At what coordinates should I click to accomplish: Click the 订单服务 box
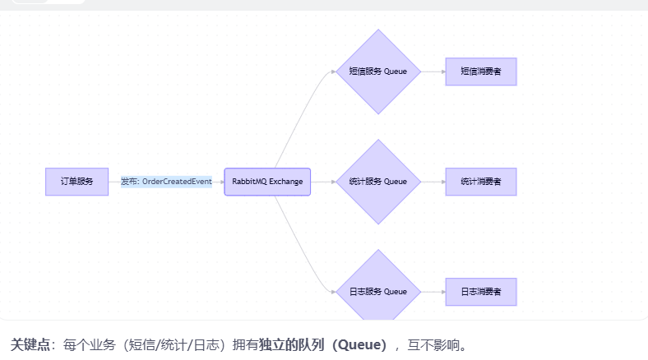point(76,181)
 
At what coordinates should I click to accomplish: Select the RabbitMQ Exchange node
point(267,181)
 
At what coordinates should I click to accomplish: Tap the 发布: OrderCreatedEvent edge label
point(166,181)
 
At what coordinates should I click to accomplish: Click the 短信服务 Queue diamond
point(378,72)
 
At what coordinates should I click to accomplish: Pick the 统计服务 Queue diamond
point(378,181)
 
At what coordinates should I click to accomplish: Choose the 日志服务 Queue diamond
point(378,291)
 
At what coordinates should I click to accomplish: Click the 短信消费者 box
point(481,72)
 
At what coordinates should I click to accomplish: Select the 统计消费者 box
point(481,181)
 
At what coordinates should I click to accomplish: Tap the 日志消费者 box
point(481,291)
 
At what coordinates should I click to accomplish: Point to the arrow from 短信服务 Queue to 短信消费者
point(433,72)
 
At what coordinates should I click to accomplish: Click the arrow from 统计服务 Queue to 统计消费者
point(433,181)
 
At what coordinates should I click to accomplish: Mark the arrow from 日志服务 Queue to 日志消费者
point(433,291)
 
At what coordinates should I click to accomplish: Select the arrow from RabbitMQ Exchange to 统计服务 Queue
point(323,181)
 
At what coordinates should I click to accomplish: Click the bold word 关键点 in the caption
point(30,344)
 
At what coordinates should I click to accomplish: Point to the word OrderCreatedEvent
point(177,181)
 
